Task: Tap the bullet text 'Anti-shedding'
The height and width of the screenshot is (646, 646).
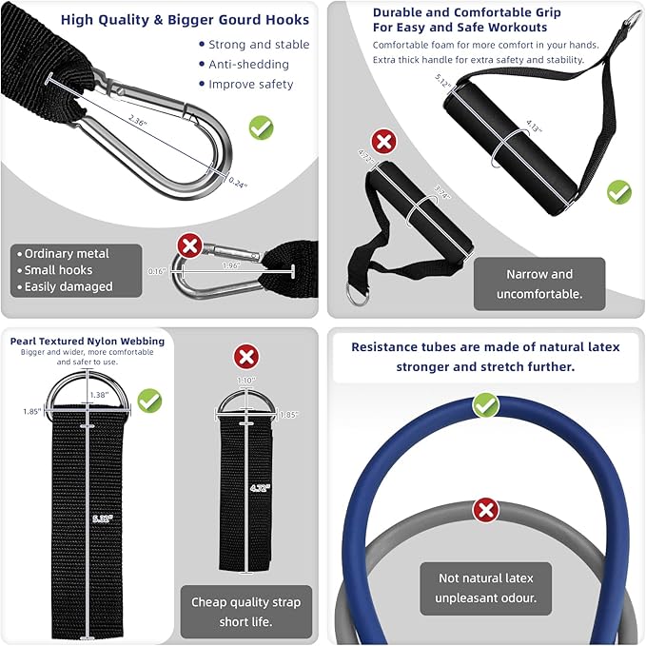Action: tap(249, 64)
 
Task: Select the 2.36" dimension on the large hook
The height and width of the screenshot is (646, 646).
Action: tap(142, 120)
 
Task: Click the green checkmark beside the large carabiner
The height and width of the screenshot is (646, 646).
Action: tap(261, 127)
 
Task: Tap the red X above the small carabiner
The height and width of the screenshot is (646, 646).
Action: tap(189, 247)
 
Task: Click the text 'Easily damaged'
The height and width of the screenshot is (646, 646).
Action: tap(68, 286)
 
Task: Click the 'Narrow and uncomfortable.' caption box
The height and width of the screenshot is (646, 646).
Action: tap(538, 284)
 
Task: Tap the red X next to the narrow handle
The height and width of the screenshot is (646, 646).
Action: tap(383, 143)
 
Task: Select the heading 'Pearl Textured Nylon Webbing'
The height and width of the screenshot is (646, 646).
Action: tap(88, 341)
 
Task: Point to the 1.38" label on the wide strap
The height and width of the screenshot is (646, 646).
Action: tap(97, 394)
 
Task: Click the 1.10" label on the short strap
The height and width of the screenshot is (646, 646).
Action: tap(246, 382)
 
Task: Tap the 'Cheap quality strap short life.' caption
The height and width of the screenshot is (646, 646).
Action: tap(245, 612)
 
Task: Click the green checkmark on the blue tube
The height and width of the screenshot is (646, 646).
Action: tap(486, 406)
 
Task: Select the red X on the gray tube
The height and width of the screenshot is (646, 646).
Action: tap(486, 510)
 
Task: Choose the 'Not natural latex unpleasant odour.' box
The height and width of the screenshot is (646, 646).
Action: tap(487, 588)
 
